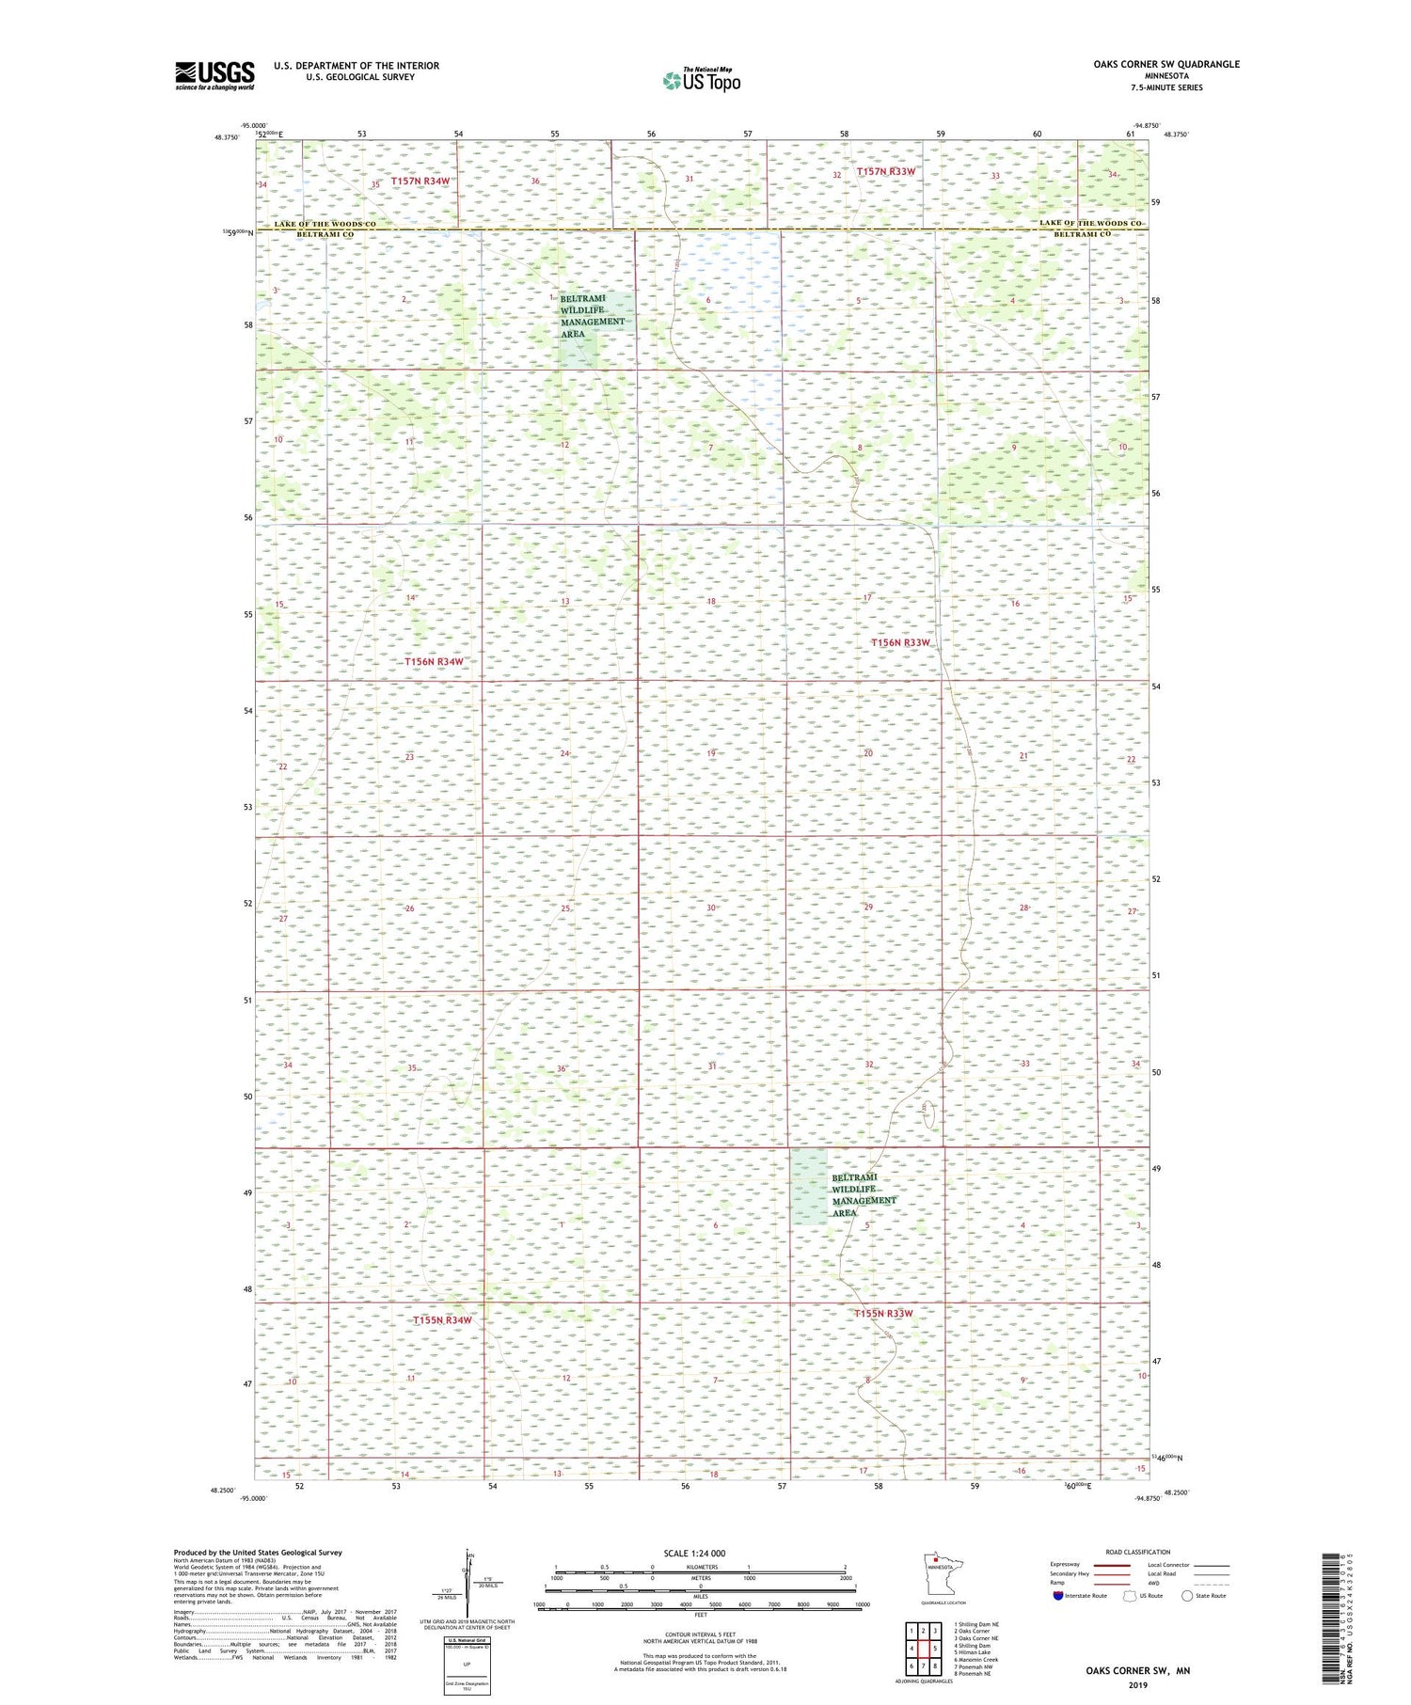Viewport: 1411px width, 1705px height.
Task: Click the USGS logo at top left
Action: [x=214, y=75]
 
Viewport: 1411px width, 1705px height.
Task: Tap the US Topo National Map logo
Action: [x=701, y=80]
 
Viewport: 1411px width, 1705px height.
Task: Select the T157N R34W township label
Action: [x=420, y=181]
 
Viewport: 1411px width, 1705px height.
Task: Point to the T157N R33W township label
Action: [x=885, y=172]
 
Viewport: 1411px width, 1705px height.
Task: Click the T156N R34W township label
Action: [x=434, y=661]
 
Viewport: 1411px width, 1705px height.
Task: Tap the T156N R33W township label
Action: [x=899, y=642]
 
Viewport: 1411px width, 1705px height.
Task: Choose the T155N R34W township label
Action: [x=441, y=1320]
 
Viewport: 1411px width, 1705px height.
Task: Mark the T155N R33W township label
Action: [x=882, y=1313]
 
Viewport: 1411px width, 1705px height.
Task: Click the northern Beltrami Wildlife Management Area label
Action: [x=591, y=316]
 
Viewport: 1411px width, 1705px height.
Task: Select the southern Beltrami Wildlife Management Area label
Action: [x=863, y=1195]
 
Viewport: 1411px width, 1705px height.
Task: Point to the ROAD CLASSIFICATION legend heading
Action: [x=1138, y=1552]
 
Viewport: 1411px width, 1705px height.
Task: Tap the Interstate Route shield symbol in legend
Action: [x=1057, y=1596]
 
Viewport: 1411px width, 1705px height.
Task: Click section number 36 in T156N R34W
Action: [x=561, y=1068]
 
